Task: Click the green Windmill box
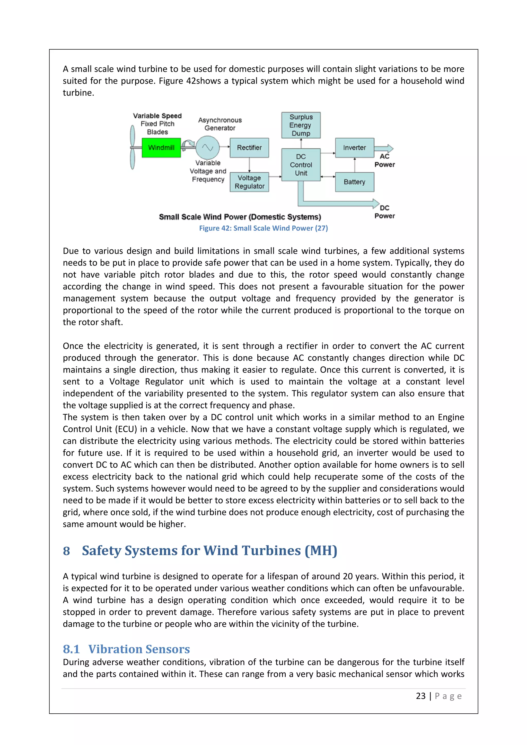point(161,148)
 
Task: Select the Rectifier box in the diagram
point(249,148)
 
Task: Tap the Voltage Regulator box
point(249,182)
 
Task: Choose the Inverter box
point(354,148)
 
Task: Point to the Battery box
point(354,182)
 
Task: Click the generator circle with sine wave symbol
point(207,148)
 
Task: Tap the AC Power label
point(384,161)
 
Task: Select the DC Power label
point(384,212)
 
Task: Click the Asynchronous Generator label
point(220,124)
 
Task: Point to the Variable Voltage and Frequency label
point(208,171)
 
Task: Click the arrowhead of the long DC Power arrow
point(376,203)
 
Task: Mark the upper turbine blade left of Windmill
point(133,136)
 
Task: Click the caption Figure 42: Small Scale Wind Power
point(263,228)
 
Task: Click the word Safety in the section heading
point(101,551)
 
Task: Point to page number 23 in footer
point(420,696)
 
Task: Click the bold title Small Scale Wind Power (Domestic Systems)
point(240,217)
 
